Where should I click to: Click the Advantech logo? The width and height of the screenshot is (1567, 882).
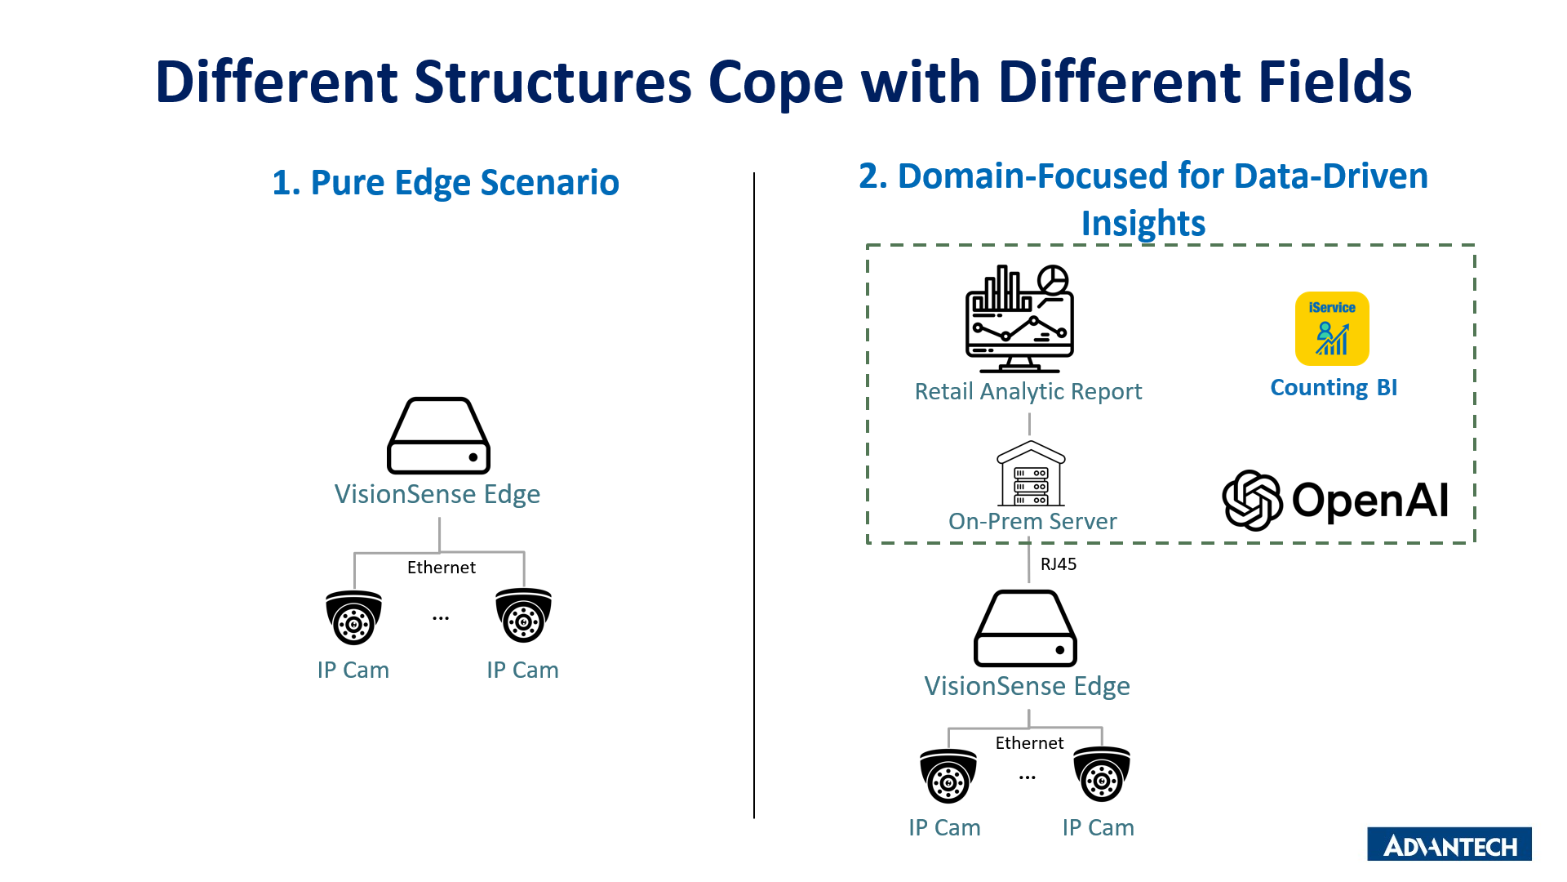1449,844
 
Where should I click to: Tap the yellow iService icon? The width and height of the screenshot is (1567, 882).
1332,328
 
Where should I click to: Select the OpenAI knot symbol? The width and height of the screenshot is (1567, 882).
1252,500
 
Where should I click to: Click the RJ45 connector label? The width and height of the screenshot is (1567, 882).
1058,564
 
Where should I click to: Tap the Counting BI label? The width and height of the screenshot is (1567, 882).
1334,387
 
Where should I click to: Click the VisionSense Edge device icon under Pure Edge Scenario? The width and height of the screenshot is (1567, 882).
438,436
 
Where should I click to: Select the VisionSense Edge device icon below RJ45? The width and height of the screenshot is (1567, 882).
1025,628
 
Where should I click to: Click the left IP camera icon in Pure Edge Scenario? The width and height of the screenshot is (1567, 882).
353,617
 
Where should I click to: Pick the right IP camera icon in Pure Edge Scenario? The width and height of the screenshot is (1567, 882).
523,616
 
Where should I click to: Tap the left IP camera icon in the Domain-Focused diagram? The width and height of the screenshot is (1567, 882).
948,776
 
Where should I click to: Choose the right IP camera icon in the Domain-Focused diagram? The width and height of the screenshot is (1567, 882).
1101,774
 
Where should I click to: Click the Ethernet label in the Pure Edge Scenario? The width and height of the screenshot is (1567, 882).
441,568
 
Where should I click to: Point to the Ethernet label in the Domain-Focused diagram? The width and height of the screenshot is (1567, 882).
1029,743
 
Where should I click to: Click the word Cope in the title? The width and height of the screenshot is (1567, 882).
775,82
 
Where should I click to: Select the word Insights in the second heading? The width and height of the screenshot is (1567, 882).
1143,224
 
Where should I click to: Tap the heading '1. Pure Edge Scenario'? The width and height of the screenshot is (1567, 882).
446,182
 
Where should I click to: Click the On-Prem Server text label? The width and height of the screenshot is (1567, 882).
1032,521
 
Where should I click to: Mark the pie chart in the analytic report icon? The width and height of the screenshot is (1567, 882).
1053,279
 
